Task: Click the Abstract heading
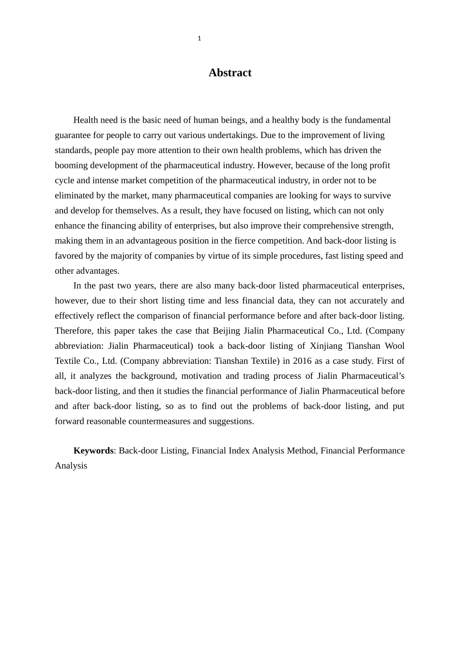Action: pyautogui.click(x=230, y=73)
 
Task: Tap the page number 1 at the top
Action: pyautogui.click(x=199, y=39)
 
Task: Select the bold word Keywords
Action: pyautogui.click(x=93, y=450)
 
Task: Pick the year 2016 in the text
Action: pyautogui.click(x=303, y=361)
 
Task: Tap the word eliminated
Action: pyautogui.click(x=75, y=196)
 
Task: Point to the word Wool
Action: pyautogui.click(x=395, y=346)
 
